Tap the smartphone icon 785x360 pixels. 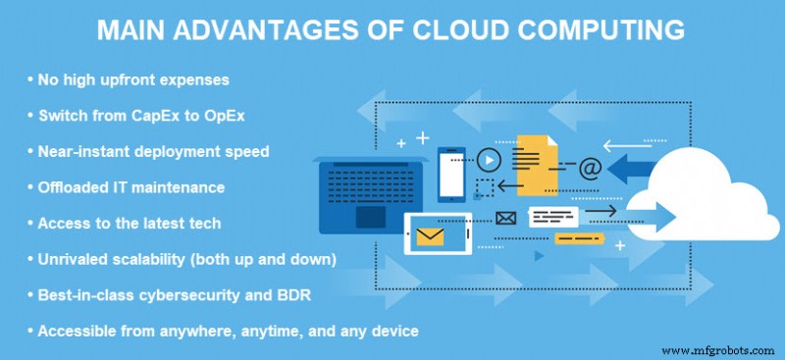click(451, 174)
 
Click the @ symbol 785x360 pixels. click(590, 168)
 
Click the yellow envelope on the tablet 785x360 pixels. click(430, 235)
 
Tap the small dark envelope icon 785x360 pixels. click(505, 218)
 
